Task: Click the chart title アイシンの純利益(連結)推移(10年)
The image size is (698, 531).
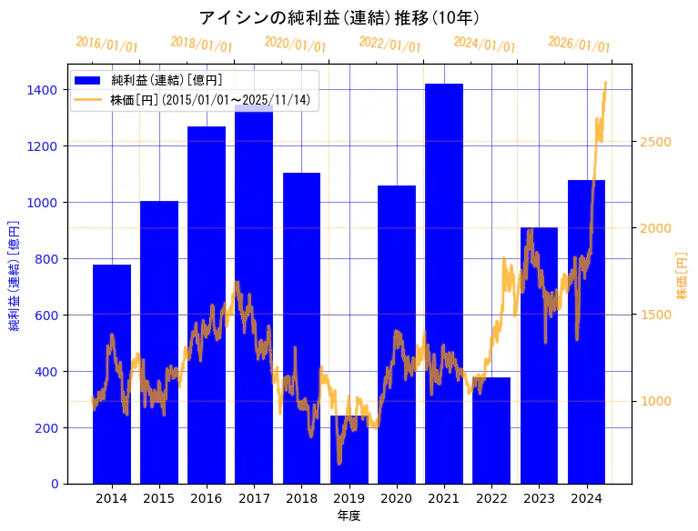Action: [x=339, y=17]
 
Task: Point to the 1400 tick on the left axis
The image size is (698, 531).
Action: [x=43, y=90]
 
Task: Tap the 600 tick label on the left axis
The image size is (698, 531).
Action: [x=46, y=316]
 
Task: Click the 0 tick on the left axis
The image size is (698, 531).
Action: [x=55, y=484]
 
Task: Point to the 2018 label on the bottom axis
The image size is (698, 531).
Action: [x=301, y=498]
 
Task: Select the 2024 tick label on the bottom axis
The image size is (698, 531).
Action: [x=586, y=498]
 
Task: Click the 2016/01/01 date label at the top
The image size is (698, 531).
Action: [x=106, y=45]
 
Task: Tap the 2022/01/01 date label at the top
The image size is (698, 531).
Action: [x=389, y=45]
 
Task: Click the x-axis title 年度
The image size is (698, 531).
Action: [x=349, y=516]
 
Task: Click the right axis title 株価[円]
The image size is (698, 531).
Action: [x=682, y=276]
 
